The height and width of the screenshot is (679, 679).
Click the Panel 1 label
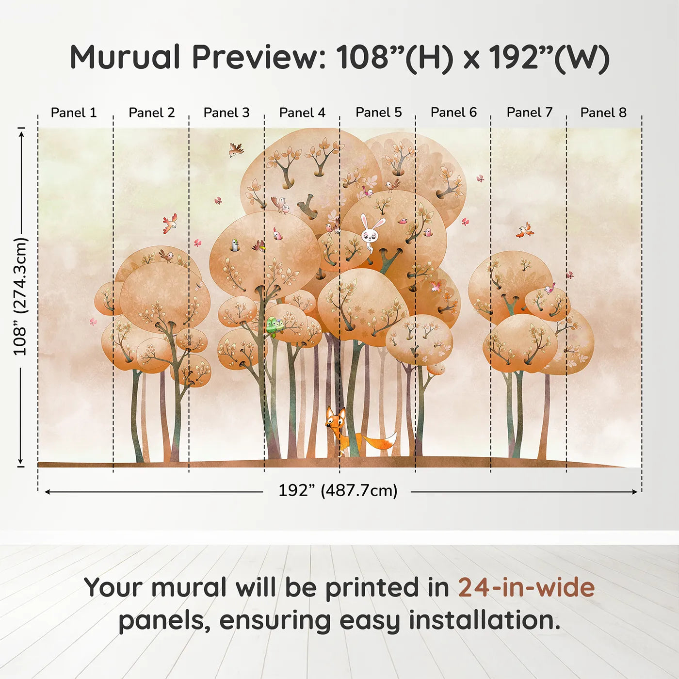(74, 113)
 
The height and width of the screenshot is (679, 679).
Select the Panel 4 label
(302, 113)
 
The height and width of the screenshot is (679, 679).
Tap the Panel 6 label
(453, 113)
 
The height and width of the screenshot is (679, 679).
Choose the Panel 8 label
(603, 113)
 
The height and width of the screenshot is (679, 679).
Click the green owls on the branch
(275, 326)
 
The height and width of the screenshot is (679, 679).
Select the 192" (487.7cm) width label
(338, 490)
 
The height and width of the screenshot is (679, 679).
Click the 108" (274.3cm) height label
(20, 296)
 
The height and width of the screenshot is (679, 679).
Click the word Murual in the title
(126, 57)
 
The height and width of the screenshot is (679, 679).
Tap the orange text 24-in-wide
(526, 587)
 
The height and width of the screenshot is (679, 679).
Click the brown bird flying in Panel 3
(236, 149)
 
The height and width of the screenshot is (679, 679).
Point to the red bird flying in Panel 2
(170, 223)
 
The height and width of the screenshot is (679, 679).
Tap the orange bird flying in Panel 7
(525, 230)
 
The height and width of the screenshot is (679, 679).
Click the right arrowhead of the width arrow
(635, 492)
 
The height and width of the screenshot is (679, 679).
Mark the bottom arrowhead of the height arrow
(20, 460)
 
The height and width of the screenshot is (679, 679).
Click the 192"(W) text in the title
(549, 57)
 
